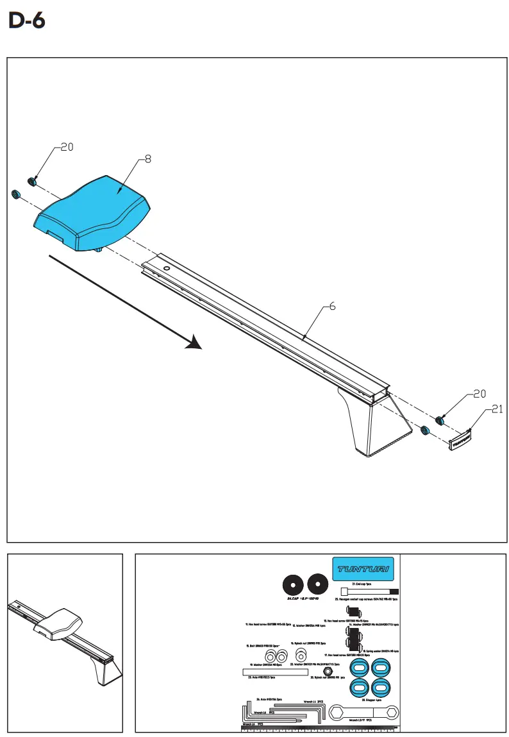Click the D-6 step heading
(27, 22)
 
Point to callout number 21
(497, 411)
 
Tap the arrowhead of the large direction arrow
(194, 344)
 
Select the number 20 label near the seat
(67, 147)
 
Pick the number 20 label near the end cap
(480, 394)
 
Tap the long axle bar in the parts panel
(274, 672)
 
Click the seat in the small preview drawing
(59, 622)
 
